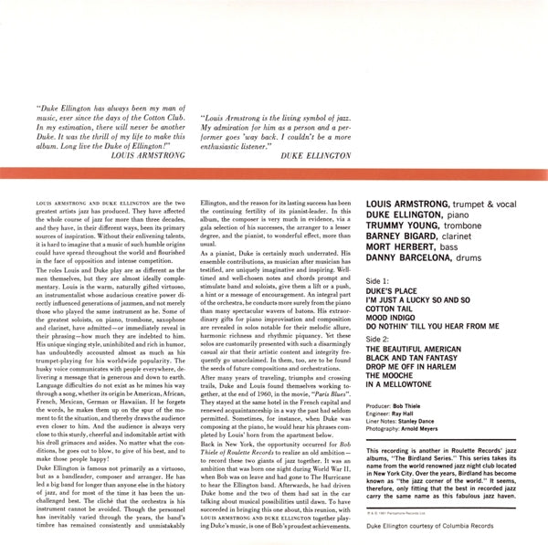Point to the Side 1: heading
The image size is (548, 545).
click(x=379, y=277)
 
